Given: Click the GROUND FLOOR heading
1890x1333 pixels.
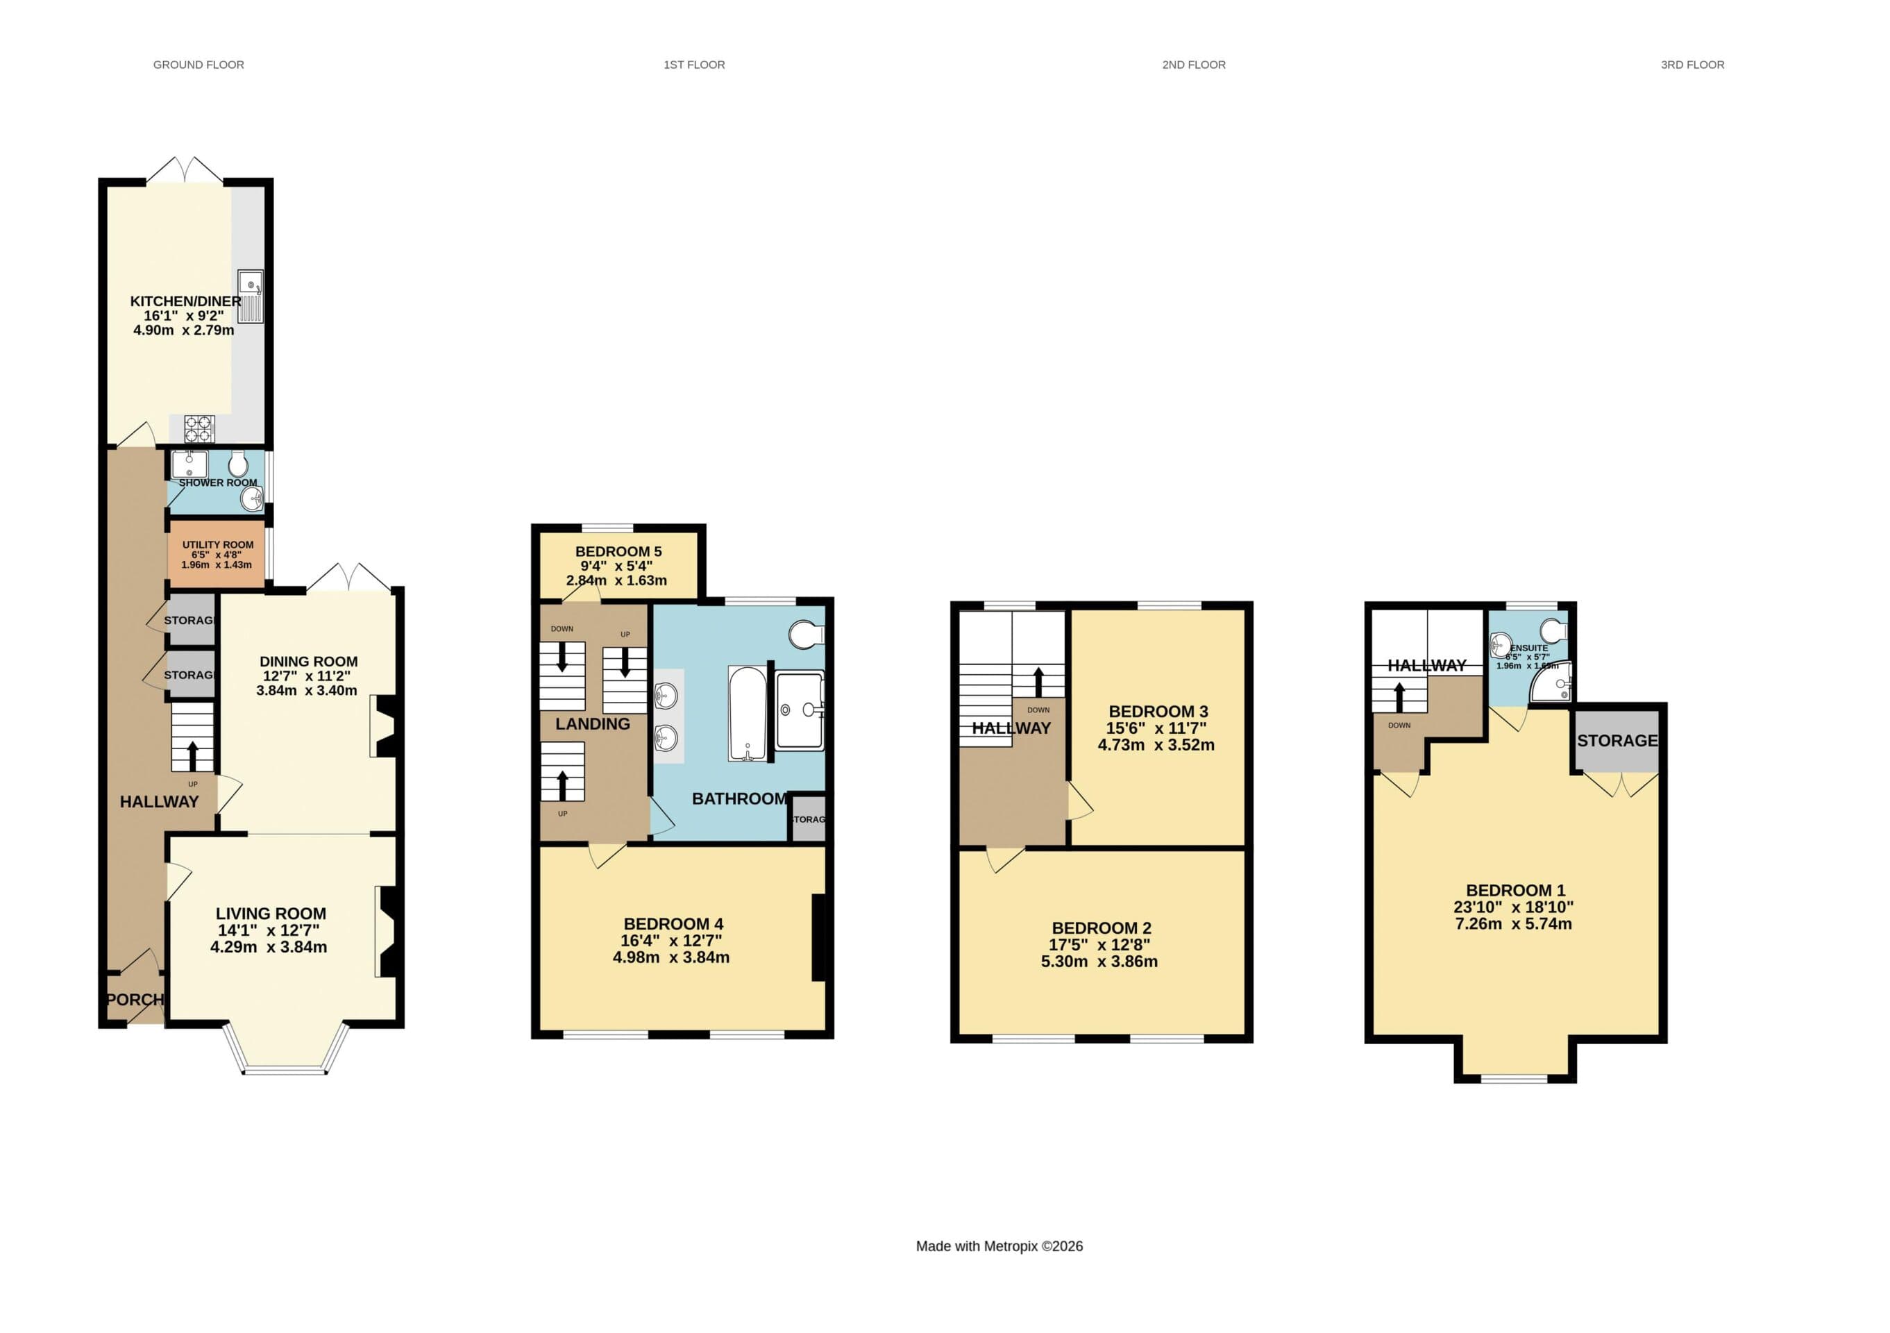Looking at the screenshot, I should [199, 65].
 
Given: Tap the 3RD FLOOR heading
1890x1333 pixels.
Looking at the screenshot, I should [1691, 65].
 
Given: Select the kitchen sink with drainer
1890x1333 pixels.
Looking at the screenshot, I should [251, 296].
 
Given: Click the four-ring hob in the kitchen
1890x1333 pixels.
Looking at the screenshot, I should [199, 428].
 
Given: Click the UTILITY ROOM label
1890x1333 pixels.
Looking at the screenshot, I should [217, 544].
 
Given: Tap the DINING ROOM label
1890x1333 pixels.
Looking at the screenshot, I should [308, 661].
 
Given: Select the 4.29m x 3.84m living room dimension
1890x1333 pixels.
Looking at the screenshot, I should [269, 947].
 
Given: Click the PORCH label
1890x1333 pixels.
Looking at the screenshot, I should [134, 1000].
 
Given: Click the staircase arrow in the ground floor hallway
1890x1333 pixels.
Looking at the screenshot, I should [193, 754].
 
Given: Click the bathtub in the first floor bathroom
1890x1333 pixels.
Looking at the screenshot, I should [748, 713].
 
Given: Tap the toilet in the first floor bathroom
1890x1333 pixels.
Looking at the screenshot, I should [806, 634].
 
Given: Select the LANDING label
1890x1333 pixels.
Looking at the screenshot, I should [592, 723].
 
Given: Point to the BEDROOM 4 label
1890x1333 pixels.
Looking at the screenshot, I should [673, 924].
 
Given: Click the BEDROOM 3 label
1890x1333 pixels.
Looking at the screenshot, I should [1157, 712].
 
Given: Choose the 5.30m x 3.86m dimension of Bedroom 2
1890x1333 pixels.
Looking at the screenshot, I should [1099, 962].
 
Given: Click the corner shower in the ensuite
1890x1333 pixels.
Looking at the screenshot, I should [1553, 682].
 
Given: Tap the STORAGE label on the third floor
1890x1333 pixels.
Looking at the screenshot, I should [1617, 740].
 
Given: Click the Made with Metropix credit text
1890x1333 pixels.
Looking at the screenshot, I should [999, 1246].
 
